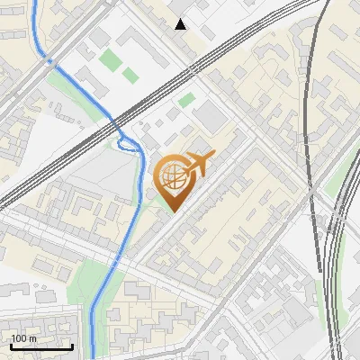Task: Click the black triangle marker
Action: point(181,24)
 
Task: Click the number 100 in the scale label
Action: point(19,337)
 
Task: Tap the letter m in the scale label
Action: point(33,337)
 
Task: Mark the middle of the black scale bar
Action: point(40,346)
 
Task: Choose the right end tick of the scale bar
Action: point(72,345)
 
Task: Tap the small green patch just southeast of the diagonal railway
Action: point(186,100)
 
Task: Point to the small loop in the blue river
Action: point(126,139)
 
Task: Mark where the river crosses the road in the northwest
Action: point(49,60)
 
